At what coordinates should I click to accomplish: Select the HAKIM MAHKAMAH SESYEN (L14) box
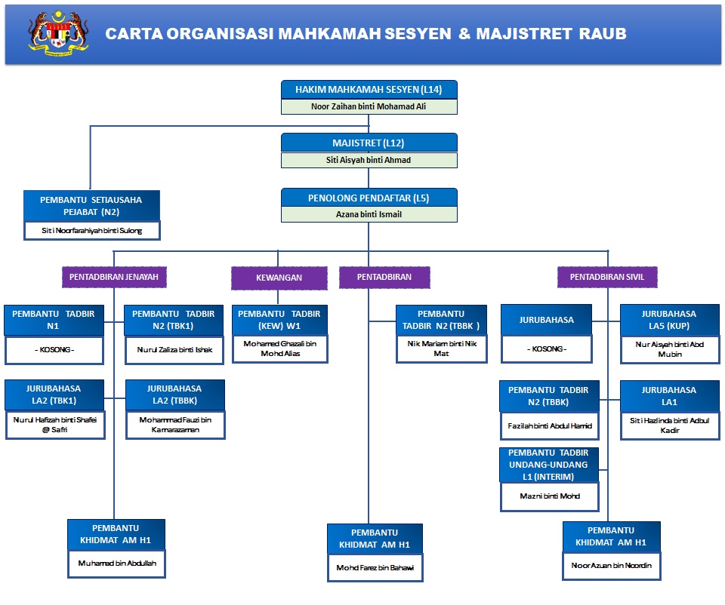(x=369, y=89)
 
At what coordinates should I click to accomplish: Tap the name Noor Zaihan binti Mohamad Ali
(x=369, y=106)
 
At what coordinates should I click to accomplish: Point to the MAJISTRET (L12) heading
(x=369, y=143)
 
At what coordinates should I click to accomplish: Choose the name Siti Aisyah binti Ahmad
(x=369, y=160)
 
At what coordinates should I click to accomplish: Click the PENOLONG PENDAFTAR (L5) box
(x=369, y=198)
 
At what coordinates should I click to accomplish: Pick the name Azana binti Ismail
(x=369, y=214)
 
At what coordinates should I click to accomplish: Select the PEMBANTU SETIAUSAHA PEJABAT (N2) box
(x=91, y=205)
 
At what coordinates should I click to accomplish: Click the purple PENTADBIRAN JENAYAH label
(x=114, y=277)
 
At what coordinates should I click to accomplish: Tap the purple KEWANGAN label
(x=279, y=278)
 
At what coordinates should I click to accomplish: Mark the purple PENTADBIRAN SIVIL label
(x=608, y=277)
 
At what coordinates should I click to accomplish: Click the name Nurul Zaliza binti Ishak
(x=174, y=350)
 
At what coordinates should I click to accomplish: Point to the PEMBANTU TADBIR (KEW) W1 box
(x=279, y=319)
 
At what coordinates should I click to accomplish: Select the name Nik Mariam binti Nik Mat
(x=442, y=349)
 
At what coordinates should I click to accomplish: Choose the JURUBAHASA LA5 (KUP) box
(x=668, y=319)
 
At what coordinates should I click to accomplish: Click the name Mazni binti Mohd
(x=549, y=497)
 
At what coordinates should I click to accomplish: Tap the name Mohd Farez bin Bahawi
(x=375, y=567)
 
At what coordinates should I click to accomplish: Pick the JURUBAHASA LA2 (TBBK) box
(x=174, y=394)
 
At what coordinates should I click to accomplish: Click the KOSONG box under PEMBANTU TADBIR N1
(x=53, y=350)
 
